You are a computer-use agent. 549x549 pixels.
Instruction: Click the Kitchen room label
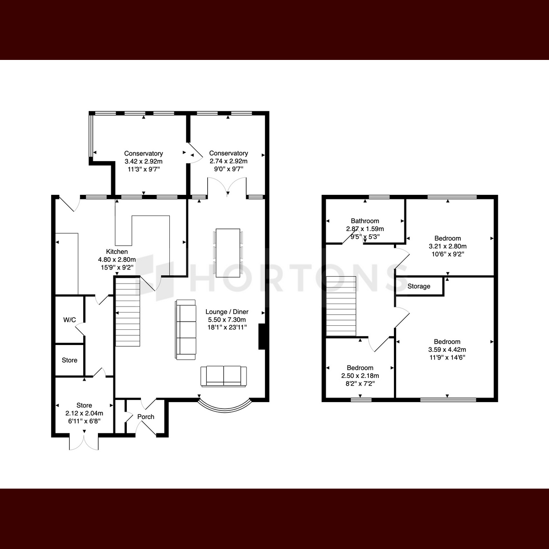pyautogui.click(x=117, y=252)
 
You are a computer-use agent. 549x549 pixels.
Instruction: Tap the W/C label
pyautogui.click(x=70, y=320)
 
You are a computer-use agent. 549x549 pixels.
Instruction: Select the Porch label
pyautogui.click(x=145, y=417)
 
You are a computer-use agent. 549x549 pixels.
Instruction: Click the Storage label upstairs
pyautogui.click(x=419, y=286)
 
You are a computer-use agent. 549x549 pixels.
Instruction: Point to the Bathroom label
pyautogui.click(x=365, y=221)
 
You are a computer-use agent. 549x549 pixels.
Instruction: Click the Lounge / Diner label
pyautogui.click(x=227, y=312)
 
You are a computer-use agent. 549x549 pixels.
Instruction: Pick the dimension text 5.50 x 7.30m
pyautogui.click(x=227, y=320)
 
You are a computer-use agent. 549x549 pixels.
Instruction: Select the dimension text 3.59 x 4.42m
pyautogui.click(x=447, y=350)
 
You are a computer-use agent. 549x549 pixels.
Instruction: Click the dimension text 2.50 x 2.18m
pyautogui.click(x=360, y=376)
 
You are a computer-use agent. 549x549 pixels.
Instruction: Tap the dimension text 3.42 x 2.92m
pyautogui.click(x=144, y=161)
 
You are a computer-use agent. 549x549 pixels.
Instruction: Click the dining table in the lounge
pyautogui.click(x=228, y=253)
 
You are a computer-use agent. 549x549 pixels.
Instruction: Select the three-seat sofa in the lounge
pyautogui.click(x=185, y=329)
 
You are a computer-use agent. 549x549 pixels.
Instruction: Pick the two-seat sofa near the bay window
pyautogui.click(x=224, y=377)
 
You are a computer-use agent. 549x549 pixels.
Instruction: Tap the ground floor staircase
pyautogui.click(x=128, y=312)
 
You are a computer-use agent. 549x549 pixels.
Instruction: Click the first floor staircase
pyautogui.click(x=341, y=306)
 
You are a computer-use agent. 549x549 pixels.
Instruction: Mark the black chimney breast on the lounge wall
pyautogui.click(x=262, y=336)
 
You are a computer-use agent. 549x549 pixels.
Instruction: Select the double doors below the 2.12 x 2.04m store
pyautogui.click(x=84, y=442)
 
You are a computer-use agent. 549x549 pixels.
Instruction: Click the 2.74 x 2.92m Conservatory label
pyautogui.click(x=228, y=153)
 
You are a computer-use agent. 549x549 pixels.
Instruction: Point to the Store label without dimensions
pyautogui.click(x=70, y=360)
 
